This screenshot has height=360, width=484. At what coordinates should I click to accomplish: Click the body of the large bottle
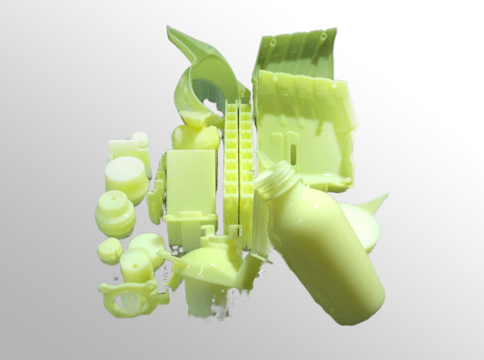click(323, 250)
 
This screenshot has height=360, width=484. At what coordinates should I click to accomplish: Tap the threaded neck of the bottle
click(274, 182)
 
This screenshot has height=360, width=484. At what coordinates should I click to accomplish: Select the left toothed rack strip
click(232, 161)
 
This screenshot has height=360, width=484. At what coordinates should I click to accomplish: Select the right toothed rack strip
click(245, 161)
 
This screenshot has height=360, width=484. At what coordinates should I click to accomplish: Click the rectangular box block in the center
click(191, 182)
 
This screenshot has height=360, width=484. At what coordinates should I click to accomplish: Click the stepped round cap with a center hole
click(115, 213)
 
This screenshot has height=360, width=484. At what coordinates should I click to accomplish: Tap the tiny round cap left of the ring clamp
click(110, 251)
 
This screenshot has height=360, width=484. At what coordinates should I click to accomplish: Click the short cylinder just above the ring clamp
click(136, 264)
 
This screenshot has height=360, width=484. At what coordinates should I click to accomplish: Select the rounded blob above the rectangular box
click(196, 136)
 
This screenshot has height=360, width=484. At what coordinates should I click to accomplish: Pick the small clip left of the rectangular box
click(155, 207)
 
